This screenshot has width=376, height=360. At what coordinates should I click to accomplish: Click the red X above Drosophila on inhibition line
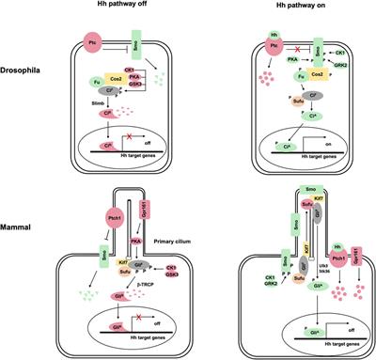tap(283, 43)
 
